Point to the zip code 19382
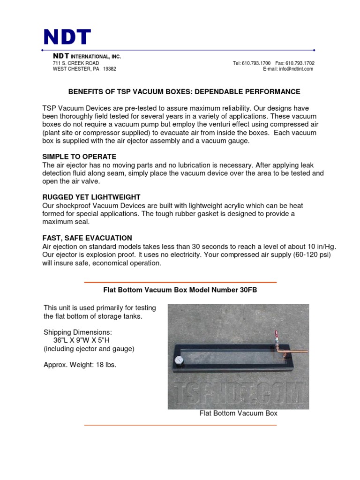pos(109,69)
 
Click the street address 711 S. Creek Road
pos(75,63)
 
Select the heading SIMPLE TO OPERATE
pos(79,157)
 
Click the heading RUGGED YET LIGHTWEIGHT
pos(91,197)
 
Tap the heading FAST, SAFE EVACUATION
pos(87,238)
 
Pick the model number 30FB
pos(248,290)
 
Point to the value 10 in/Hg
pos(319,247)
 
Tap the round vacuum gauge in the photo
pos(179,361)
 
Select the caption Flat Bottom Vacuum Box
pos(238,413)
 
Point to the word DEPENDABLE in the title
pos(225,92)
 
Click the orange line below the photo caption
pos(180,425)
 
